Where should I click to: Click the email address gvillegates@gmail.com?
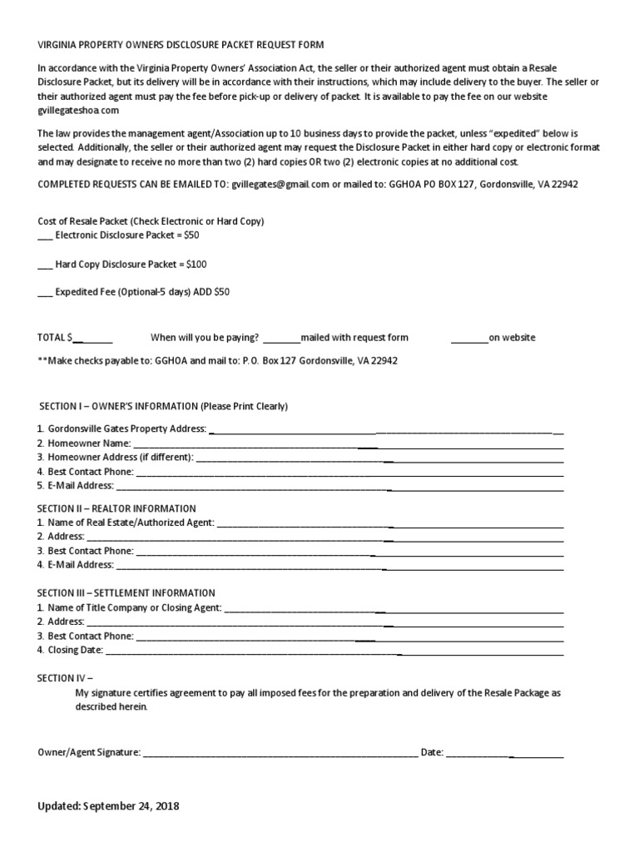282,184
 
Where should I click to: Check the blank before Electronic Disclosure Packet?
45,235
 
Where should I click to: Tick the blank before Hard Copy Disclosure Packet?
45,265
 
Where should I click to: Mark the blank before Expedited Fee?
45,293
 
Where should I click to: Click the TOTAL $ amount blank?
92,338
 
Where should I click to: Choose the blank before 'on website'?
469,338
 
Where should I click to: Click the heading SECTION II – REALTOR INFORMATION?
117,508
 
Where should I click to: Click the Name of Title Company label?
130,607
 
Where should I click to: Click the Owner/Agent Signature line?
280,752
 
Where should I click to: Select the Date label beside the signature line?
431,752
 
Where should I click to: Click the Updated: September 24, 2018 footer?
108,807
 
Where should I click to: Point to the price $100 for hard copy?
196,265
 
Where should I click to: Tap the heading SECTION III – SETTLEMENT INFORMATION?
126,593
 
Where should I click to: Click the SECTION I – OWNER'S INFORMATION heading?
163,406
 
